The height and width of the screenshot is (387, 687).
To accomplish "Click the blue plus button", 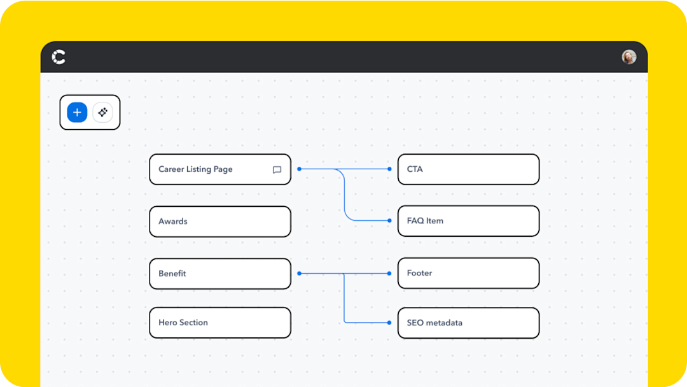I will [77, 113].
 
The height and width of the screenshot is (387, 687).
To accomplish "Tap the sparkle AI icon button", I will [102, 113].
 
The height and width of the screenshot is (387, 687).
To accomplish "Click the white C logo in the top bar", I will [59, 57].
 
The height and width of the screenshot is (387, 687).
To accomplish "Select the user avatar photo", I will [629, 57].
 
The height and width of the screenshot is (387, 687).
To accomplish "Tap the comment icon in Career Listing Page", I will [277, 170].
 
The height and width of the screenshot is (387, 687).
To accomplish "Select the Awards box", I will [220, 222].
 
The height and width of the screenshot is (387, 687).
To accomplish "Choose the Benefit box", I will [220, 274].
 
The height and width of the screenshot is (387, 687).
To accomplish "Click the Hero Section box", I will [220, 323].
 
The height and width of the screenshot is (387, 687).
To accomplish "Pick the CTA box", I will [468, 169].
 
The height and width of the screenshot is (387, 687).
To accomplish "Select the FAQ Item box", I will [468, 221].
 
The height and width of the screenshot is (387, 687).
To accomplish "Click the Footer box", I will [468, 273].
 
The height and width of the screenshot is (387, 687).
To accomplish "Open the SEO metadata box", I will [468, 323].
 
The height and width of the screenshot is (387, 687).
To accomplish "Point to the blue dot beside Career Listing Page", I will [299, 169].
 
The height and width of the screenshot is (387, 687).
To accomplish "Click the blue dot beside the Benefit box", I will [299, 274].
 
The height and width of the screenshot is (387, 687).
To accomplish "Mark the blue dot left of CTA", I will [390, 169].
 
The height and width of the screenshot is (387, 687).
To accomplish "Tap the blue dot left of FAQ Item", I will [390, 221].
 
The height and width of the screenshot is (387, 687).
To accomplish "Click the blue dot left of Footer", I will [390, 274].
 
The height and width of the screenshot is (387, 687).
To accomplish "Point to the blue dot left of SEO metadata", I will [390, 323].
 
